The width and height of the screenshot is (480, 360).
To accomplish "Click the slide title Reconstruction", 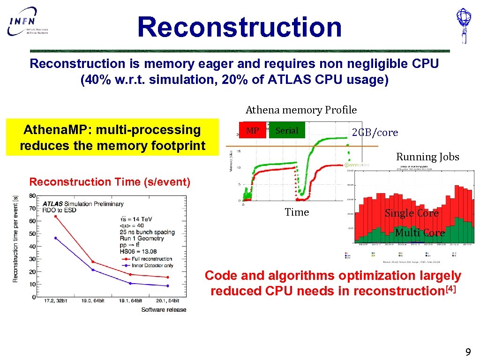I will click(240, 27).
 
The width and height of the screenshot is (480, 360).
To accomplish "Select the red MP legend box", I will click(253, 131).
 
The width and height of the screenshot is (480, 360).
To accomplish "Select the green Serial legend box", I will click(287, 131).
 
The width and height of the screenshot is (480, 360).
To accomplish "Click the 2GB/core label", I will click(375, 133).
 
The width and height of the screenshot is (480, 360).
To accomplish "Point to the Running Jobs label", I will click(427, 157).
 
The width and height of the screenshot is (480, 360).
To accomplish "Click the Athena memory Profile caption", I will click(301, 110).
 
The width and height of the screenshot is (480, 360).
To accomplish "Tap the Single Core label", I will click(412, 213).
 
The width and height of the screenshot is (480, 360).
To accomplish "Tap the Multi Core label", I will click(420, 233).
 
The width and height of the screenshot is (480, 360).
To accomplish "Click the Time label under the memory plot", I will click(297, 212).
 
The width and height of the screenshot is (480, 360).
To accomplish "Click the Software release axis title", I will click(164, 309).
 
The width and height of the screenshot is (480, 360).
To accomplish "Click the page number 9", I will click(467, 352).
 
